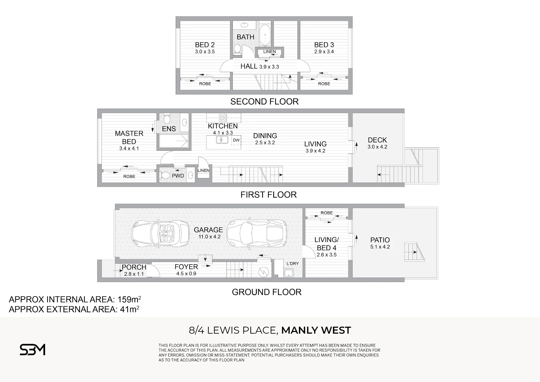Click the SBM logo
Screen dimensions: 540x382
tap(32, 350)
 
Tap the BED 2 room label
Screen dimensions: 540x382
tap(205, 45)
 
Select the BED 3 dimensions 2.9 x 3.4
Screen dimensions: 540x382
tap(324, 52)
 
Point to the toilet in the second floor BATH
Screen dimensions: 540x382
tap(237, 49)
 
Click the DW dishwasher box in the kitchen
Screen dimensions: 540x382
tap(236, 140)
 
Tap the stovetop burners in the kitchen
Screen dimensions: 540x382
tap(223, 118)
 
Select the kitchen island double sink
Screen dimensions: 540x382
tap(222, 140)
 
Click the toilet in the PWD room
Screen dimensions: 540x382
tap(165, 175)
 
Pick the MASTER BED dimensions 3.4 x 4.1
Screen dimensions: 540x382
tap(129, 148)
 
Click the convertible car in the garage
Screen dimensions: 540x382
tap(160, 233)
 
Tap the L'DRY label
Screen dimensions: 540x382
tap(293, 263)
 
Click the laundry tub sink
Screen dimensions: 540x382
tap(289, 273)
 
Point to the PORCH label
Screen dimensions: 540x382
tap(134, 267)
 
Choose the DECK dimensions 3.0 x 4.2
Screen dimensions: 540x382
tap(377, 147)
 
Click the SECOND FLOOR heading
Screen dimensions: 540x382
tap(264, 102)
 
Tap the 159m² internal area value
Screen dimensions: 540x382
tap(129, 299)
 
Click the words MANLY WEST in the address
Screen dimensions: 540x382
tap(316, 330)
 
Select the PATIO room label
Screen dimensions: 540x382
tap(380, 240)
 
